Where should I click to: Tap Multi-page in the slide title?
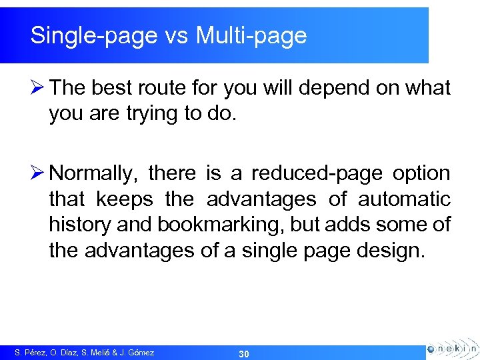251,36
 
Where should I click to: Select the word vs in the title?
176,36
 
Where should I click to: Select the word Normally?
92,174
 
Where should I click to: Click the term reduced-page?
317,174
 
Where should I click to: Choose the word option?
421,174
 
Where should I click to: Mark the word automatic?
404,199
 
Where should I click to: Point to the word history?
80,225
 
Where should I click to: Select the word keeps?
125,199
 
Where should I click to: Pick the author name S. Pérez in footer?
30,353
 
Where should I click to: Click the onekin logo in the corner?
451,348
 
